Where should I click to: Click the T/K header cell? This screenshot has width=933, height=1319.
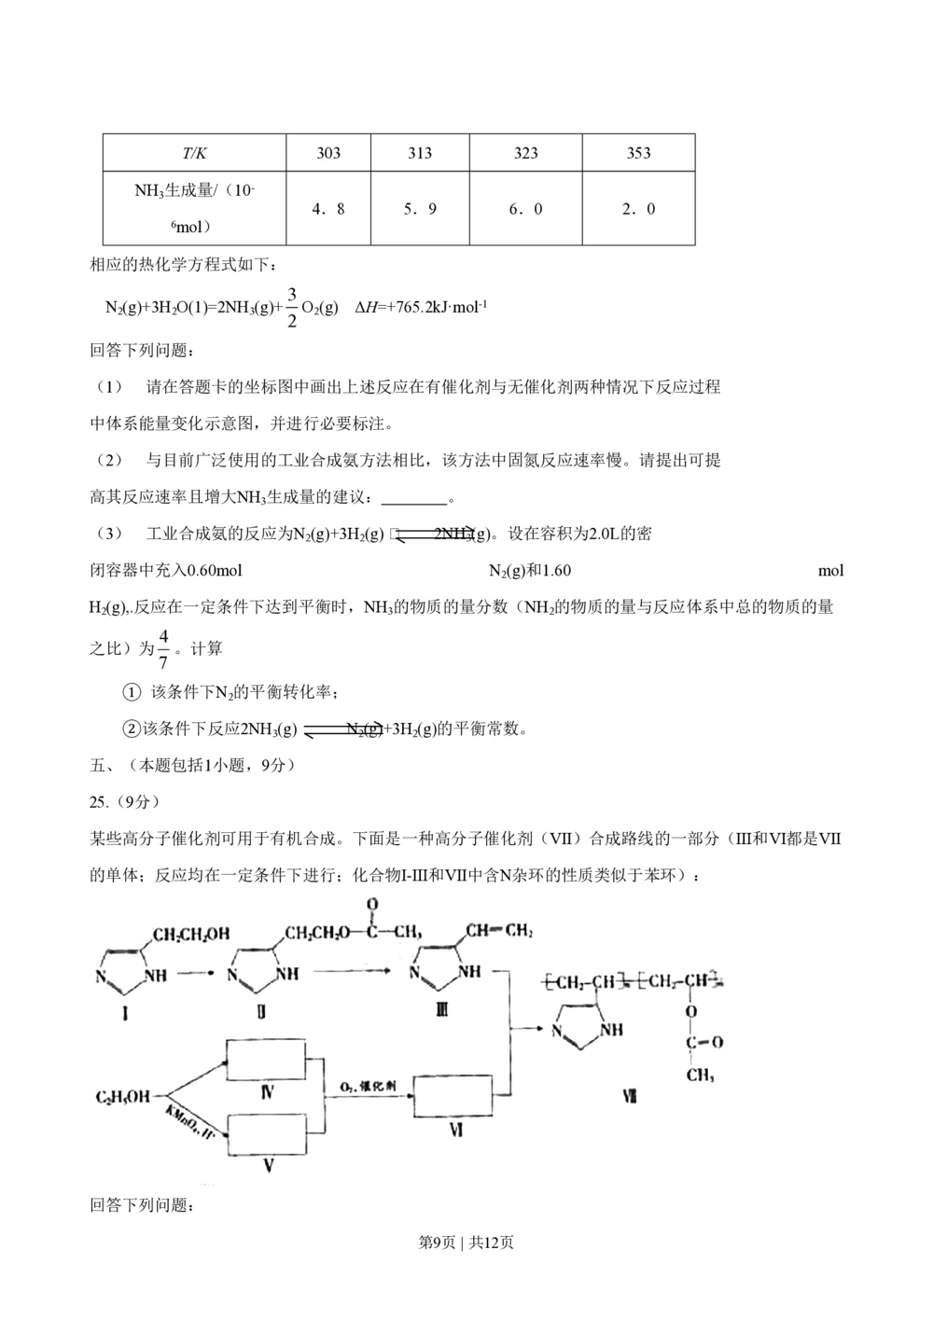pos(194,153)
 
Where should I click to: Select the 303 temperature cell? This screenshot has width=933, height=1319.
pos(328,153)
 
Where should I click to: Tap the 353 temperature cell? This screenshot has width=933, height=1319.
pos(638,153)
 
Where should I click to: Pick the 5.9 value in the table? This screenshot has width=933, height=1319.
pos(420,209)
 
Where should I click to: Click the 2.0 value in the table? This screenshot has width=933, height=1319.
pos(638,209)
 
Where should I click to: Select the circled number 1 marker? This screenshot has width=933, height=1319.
pos(132,692)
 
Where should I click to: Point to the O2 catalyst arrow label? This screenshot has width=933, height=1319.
pos(367,1087)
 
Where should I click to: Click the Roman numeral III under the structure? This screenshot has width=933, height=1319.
pos(442,1008)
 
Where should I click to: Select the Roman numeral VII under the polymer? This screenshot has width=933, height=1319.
pos(630,1097)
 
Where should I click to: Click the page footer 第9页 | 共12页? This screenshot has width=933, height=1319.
pos(466,1243)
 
